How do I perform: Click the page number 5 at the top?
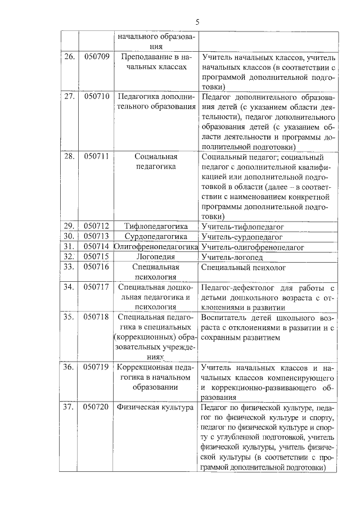[197, 22]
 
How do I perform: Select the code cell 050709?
[96, 57]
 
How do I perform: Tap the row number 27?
[69, 96]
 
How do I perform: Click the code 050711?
[96, 156]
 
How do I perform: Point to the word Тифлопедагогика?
[156, 226]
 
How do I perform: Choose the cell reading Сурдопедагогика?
[156, 236]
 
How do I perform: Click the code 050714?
[96, 246]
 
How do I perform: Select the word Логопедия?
[156, 256]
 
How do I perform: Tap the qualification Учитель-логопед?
[232, 257]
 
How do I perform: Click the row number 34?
[69, 287]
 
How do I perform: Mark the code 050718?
[96, 317]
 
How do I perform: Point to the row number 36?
[69, 367]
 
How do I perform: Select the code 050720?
[96, 407]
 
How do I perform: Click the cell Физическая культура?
[156, 407]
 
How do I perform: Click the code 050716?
[96, 267]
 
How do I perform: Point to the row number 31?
[69, 246]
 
